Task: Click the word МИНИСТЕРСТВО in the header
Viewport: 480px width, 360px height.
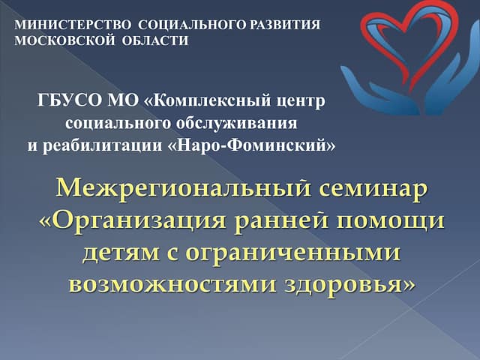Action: tap(73, 25)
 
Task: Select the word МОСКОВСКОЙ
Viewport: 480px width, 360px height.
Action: tap(65, 40)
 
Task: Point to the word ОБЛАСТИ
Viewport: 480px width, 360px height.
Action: tap(155, 40)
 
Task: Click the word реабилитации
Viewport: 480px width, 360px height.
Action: tap(102, 145)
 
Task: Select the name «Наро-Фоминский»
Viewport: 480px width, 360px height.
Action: tap(252, 145)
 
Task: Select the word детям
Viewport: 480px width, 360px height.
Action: tap(121, 253)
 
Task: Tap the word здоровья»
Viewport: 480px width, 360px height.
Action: tap(350, 285)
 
